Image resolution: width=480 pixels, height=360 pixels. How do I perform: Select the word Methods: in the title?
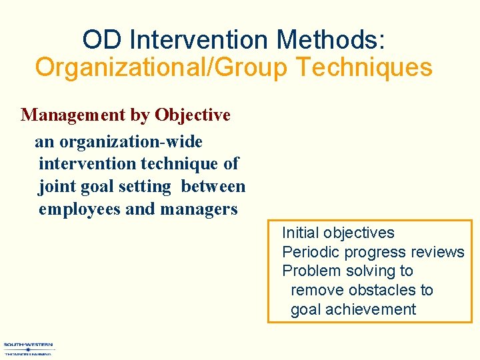pos(331,40)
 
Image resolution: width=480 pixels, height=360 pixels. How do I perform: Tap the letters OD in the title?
pos(103,40)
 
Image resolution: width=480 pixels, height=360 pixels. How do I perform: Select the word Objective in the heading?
pos(193,115)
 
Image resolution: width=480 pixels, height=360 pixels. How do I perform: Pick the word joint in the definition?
pos(56,187)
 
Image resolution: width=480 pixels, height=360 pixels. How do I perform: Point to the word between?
pos(213,187)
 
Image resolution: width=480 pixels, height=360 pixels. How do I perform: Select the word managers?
pos(198,209)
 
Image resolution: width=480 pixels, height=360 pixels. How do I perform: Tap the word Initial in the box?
pos(300,233)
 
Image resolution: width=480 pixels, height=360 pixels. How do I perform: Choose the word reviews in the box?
pos(438,252)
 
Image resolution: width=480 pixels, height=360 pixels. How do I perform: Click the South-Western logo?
pos(28,348)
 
